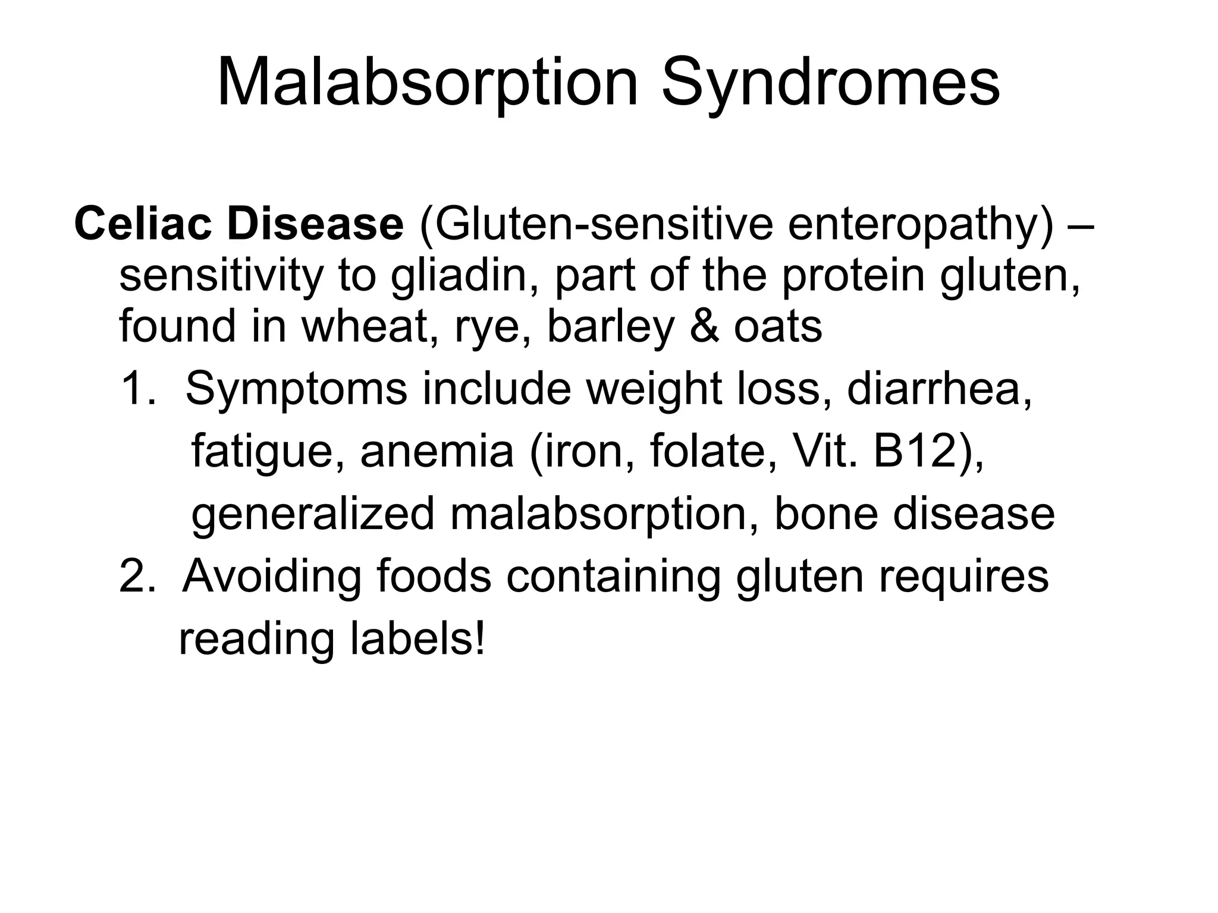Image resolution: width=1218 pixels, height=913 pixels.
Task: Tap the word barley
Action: click(610, 328)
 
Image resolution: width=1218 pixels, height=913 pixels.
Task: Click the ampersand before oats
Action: click(703, 326)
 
